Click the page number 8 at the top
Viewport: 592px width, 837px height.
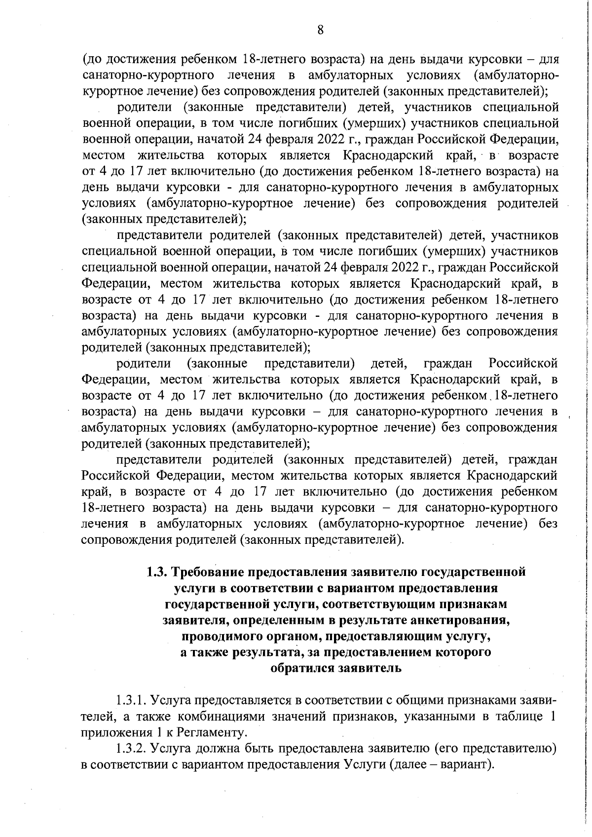click(x=320, y=31)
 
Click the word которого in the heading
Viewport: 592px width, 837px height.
click(x=462, y=652)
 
